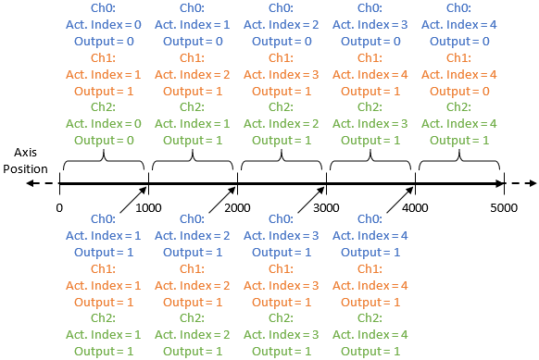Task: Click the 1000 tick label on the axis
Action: pyautogui.click(x=148, y=207)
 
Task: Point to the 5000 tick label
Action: pyautogui.click(x=504, y=207)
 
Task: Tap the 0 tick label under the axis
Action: pyautogui.click(x=59, y=207)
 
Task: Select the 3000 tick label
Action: pyautogui.click(x=326, y=207)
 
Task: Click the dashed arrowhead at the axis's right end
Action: pyautogui.click(x=530, y=183)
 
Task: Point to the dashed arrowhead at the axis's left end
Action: pyautogui.click(x=32, y=183)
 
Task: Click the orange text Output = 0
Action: pyautogui.click(x=459, y=91)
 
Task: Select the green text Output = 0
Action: pyautogui.click(x=104, y=140)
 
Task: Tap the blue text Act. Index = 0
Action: pyautogui.click(x=104, y=25)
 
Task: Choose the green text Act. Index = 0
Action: pyautogui.click(x=104, y=124)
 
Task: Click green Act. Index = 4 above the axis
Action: pyautogui.click(x=459, y=124)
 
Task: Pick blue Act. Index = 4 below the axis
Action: pyautogui.click(x=370, y=235)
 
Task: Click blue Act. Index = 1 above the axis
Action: pyautogui.click(x=193, y=25)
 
